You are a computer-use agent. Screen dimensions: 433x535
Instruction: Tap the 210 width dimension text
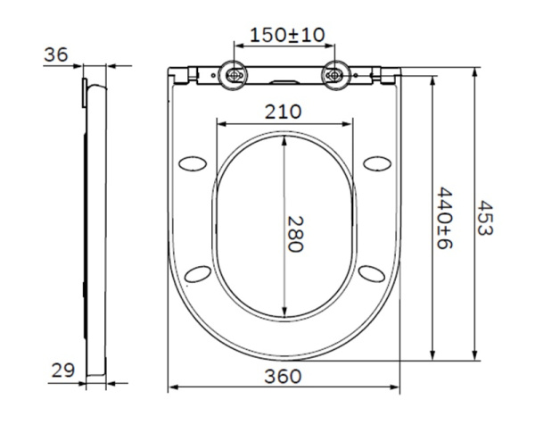tap(284, 112)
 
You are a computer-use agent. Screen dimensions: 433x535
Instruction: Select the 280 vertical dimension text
tap(295, 233)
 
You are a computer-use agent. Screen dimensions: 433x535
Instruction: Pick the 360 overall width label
tap(284, 376)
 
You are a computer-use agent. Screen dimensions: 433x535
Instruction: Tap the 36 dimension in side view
tap(56, 54)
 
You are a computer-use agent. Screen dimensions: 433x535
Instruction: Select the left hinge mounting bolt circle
tap(235, 76)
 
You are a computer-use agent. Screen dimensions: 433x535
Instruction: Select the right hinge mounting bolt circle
tap(335, 76)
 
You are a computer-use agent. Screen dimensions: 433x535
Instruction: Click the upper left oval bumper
tap(193, 162)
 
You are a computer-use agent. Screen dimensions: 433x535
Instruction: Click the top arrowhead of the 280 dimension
tap(284, 137)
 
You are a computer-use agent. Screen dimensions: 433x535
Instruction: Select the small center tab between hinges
tap(285, 81)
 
